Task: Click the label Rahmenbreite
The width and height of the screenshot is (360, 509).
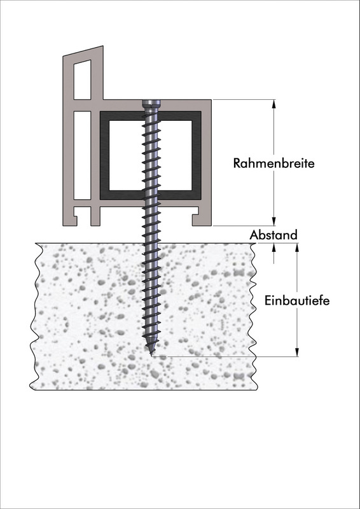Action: tap(273, 163)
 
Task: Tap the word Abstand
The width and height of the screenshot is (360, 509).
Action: tap(273, 235)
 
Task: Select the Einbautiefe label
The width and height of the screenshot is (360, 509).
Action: tap(297, 300)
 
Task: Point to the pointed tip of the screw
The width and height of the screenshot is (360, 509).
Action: tap(151, 353)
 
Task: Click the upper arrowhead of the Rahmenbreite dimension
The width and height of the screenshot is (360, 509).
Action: tap(273, 104)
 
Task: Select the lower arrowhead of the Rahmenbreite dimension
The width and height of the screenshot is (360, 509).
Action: tap(273, 221)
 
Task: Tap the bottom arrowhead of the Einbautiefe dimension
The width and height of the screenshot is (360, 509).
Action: tap(296, 352)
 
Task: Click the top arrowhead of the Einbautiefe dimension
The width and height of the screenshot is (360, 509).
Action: tap(296, 248)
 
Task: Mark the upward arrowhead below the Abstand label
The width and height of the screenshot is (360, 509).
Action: tap(273, 248)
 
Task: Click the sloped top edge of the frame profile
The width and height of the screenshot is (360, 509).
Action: tap(83, 51)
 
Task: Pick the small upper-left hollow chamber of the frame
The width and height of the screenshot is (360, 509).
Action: tap(82, 80)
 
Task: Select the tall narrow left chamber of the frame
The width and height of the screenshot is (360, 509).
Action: tap(82, 155)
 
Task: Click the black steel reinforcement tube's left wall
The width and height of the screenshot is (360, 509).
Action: tap(104, 155)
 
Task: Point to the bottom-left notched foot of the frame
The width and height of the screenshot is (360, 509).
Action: tap(71, 217)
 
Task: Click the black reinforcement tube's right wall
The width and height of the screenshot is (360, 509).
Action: tap(197, 155)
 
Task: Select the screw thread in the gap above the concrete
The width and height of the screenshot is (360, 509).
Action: tap(151, 234)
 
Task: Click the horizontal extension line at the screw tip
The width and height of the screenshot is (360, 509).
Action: tap(225, 356)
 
